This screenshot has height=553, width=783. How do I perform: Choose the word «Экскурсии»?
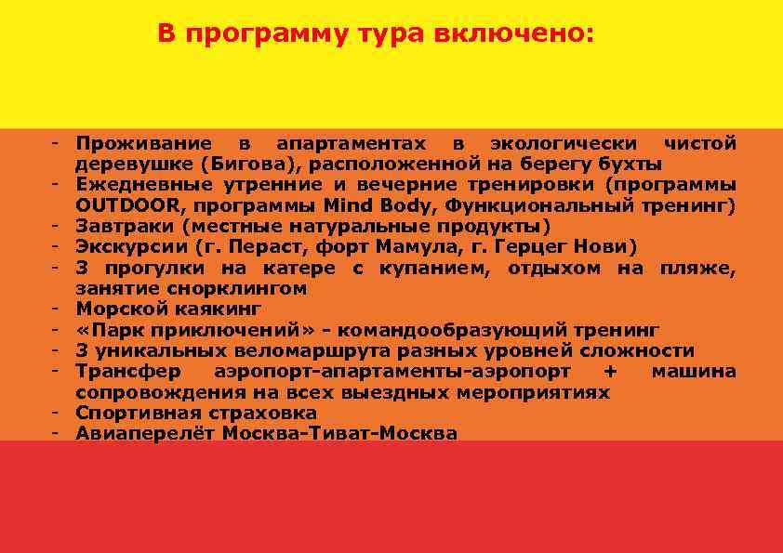[x=130, y=246]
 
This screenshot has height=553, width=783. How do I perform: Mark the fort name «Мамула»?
[x=407, y=246]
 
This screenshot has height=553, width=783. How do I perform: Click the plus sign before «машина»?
[x=610, y=372]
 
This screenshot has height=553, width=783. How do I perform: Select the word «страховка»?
[x=262, y=413]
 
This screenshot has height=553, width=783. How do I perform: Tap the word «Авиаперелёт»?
[x=145, y=433]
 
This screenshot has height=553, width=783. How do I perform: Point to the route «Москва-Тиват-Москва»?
[x=339, y=433]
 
